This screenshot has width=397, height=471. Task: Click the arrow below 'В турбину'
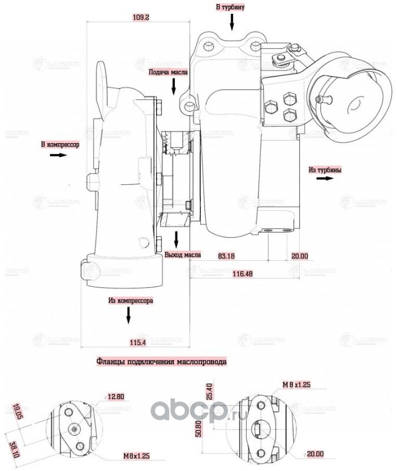point(231,22)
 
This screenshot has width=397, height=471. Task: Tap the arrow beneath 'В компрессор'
point(59,155)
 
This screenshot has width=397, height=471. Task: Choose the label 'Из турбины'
point(325,170)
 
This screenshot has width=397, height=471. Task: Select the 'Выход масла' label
point(183,256)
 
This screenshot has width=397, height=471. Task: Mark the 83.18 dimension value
point(226,256)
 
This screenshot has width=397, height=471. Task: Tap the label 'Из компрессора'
point(131,300)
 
